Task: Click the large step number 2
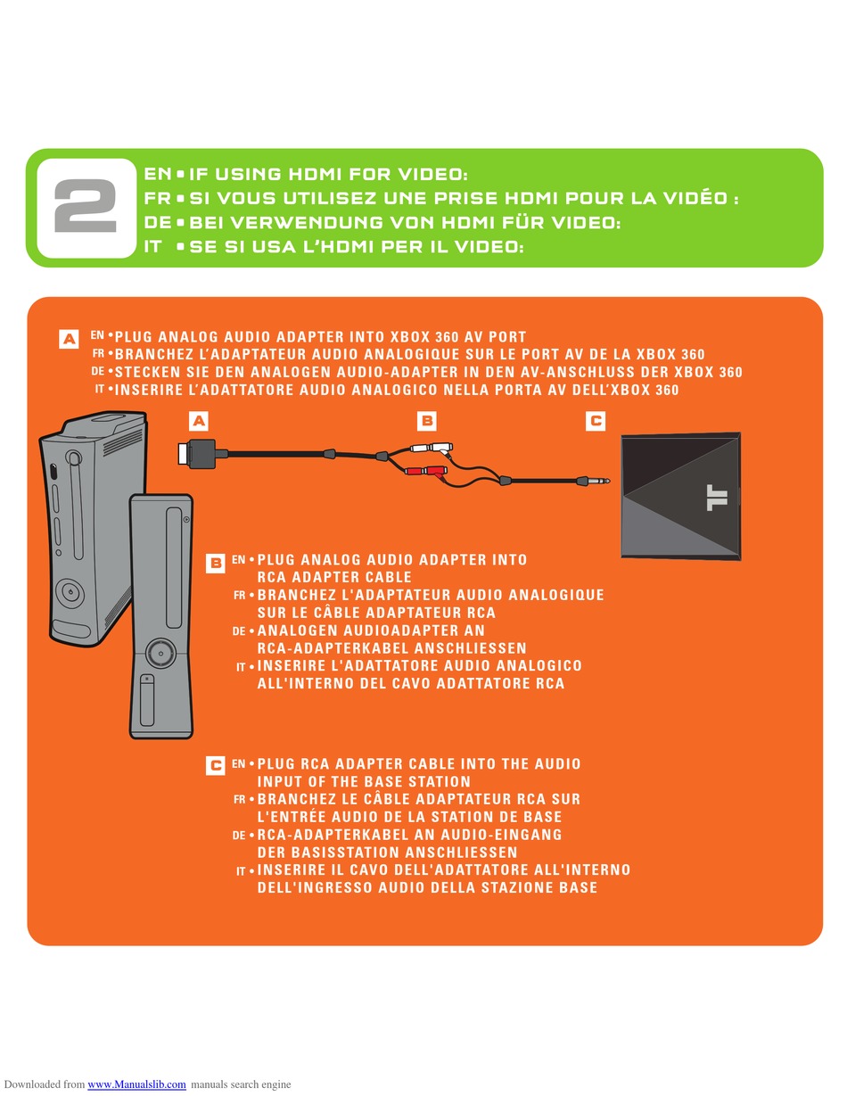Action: pos(86,206)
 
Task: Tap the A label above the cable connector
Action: pos(199,421)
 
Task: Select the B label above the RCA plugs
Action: pos(426,421)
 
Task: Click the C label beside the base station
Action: pos(596,421)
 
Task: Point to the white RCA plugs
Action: pos(431,448)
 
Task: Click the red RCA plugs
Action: pos(426,472)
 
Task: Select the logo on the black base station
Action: pos(717,498)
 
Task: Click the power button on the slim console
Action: pos(160,653)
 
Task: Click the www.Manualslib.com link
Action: pos(136,1084)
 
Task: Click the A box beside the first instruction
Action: pos(69,339)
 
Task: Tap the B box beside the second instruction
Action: pos(215,563)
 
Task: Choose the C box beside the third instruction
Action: pos(215,766)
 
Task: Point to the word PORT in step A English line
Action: pos(507,337)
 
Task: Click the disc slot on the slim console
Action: pos(174,567)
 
